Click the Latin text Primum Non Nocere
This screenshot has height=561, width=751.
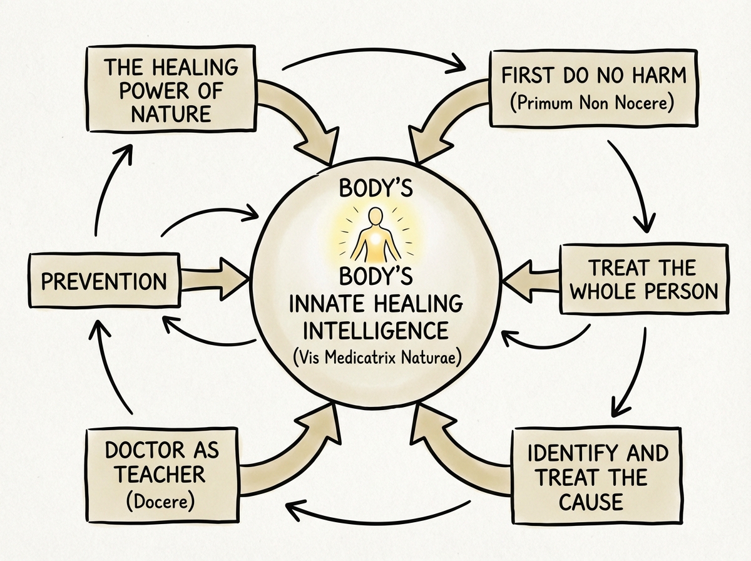(x=591, y=103)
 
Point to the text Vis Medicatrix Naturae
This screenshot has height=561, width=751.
(x=377, y=358)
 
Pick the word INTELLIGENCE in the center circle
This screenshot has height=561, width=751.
(x=377, y=330)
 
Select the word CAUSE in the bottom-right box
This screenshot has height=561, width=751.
(x=591, y=502)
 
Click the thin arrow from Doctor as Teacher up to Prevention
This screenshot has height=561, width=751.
(x=108, y=369)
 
